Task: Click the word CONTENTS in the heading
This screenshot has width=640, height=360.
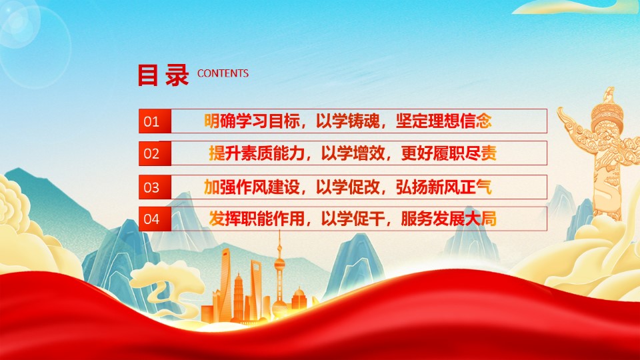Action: coord(223,73)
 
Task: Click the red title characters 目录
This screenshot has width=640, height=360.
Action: coord(163,75)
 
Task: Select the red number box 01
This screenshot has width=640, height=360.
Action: coord(155,121)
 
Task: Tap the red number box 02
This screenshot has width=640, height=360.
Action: coord(155,153)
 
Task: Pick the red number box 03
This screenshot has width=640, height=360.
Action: coord(155,187)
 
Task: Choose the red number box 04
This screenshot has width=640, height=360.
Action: coord(155,219)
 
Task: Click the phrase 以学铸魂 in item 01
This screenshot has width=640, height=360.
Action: coord(348,121)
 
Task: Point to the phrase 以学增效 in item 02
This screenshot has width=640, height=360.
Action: coord(353,153)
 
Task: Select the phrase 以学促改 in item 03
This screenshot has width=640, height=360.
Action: coord(348,187)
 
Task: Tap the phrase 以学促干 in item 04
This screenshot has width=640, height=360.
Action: coord(353,219)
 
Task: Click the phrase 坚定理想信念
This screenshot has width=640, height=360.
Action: coord(444,121)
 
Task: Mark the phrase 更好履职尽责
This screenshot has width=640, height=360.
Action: coord(449,153)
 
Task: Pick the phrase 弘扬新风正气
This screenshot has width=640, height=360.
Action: coord(444,187)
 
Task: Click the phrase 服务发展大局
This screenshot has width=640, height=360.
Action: coord(449,219)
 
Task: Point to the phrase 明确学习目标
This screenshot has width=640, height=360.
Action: coord(252,121)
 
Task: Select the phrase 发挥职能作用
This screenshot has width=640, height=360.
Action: coord(257,219)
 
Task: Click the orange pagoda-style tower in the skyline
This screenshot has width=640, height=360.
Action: coord(239,296)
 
